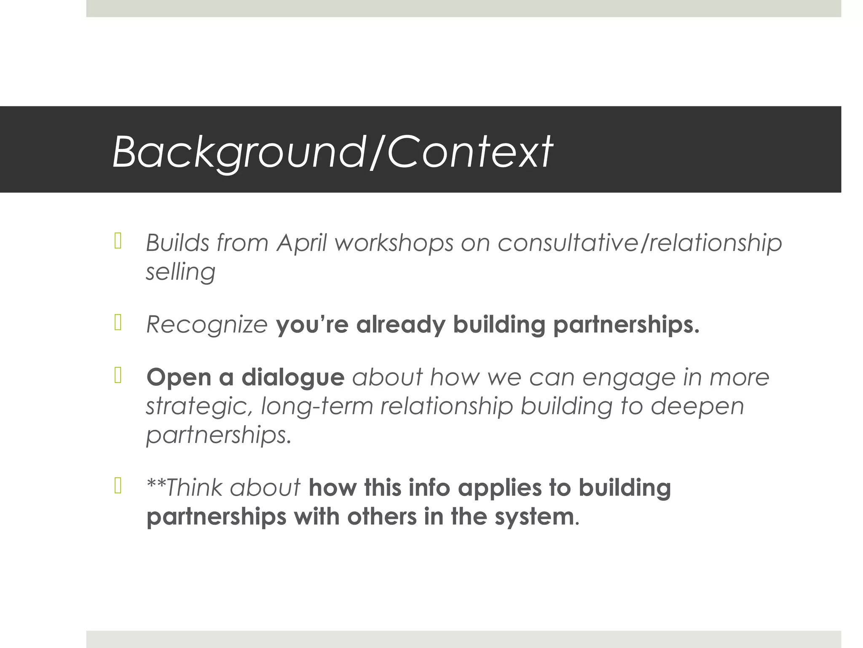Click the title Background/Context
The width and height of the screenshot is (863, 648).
click(332, 151)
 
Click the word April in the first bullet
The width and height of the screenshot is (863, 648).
click(301, 243)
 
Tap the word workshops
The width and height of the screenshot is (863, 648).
click(394, 243)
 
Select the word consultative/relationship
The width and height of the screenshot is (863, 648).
click(639, 243)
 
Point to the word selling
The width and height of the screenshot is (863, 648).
click(180, 272)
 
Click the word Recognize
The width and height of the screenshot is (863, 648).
click(206, 325)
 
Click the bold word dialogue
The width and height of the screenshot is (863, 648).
click(293, 377)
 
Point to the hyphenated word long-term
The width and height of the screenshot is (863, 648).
click(317, 406)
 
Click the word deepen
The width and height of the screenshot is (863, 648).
click(697, 406)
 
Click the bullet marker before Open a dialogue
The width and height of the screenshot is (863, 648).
click(118, 375)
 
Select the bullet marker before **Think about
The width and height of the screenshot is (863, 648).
click(118, 486)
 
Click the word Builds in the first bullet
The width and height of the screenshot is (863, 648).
click(177, 243)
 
